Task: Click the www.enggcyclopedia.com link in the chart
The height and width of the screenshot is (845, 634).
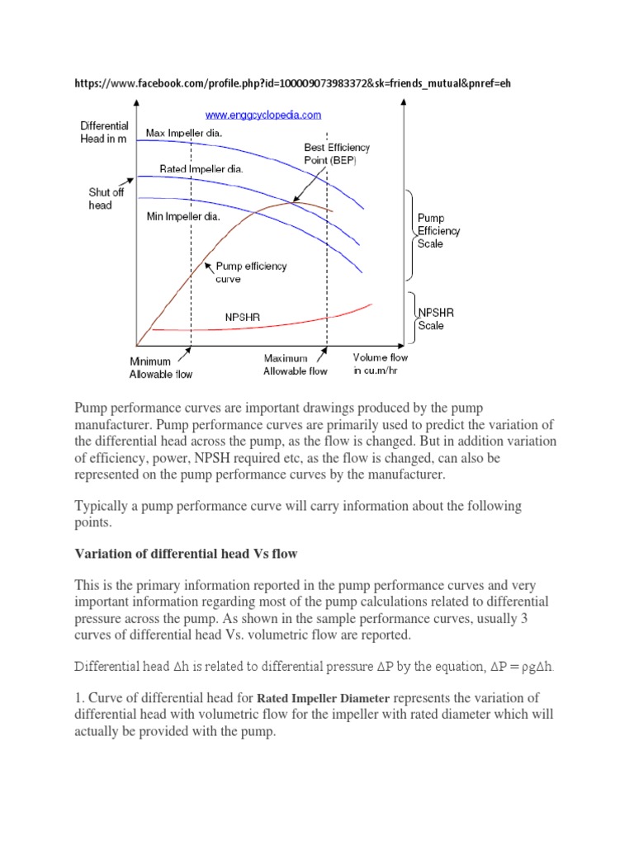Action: pos(263,115)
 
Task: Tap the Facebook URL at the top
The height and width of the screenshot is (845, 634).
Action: pos(299,83)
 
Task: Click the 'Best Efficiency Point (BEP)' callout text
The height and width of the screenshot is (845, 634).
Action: pos(337,154)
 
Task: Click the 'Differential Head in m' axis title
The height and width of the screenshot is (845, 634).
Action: pos(104,132)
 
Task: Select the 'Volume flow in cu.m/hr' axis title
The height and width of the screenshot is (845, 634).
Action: pos(380,364)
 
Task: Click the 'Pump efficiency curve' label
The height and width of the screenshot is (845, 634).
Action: pos(251,273)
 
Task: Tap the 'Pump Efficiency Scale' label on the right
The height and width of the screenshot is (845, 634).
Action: pos(438,231)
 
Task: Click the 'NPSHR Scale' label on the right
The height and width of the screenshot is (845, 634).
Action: pos(437,319)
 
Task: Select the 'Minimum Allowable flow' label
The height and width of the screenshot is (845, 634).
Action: pos(160,367)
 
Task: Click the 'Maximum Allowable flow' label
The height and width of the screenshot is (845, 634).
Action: pos(295,365)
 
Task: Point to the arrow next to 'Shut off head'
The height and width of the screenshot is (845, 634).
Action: pos(127,181)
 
